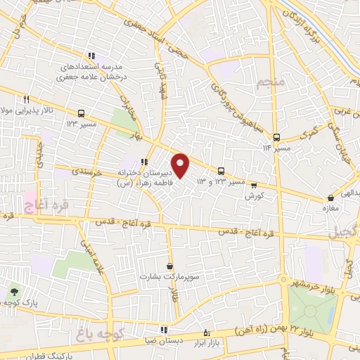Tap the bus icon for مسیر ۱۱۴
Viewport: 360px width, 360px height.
276,137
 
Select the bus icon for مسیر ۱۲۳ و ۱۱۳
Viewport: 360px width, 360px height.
221,171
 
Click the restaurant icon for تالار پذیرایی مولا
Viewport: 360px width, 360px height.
26,99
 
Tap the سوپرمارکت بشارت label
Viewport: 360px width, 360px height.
169,276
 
